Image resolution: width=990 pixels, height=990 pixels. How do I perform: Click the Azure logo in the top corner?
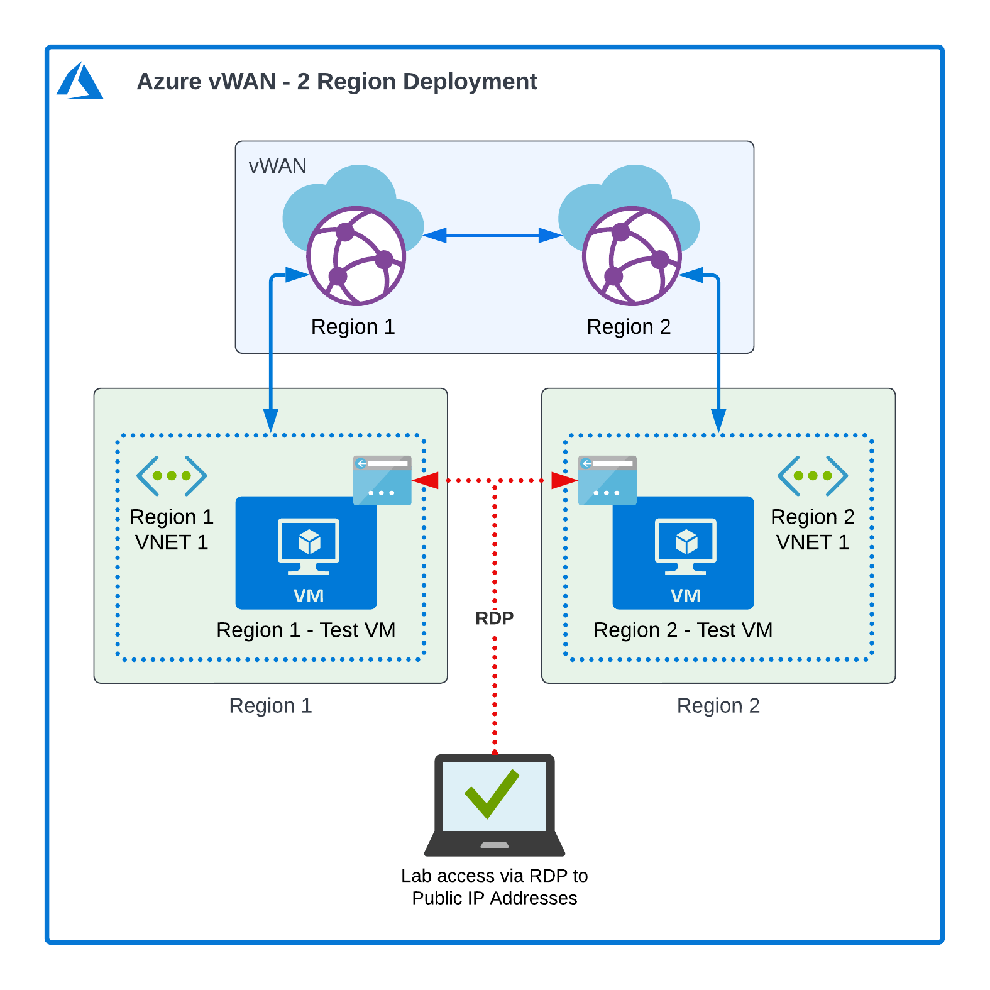[x=80, y=80]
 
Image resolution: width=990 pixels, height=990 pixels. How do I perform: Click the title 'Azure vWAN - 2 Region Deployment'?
[x=336, y=82]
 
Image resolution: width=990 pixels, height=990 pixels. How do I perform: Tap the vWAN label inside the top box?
[x=277, y=166]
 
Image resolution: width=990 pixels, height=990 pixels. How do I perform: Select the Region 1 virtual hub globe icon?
[x=356, y=255]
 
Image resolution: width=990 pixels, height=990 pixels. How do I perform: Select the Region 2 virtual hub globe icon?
[x=631, y=255]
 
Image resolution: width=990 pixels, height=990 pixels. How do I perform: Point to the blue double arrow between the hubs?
[x=492, y=236]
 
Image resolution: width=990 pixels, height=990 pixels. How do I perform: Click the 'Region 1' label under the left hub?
[x=353, y=327]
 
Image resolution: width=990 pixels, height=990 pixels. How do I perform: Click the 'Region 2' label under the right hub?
[x=629, y=327]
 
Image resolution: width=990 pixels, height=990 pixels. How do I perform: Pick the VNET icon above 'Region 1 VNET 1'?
[x=171, y=476]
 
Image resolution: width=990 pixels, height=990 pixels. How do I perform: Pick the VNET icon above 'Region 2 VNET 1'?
[x=812, y=476]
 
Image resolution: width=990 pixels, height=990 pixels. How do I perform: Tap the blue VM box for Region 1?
[x=306, y=553]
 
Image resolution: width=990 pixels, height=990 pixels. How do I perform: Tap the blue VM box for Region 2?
[x=683, y=553]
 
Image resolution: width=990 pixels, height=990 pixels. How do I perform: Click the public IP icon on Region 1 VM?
[x=382, y=481]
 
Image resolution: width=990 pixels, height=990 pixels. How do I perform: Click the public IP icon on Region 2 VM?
[x=607, y=481]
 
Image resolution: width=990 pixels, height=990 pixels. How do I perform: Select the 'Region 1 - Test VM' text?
[x=305, y=630]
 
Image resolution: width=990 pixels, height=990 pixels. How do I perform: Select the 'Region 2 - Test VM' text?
[x=683, y=630]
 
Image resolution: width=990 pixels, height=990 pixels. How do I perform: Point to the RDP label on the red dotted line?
[x=494, y=618]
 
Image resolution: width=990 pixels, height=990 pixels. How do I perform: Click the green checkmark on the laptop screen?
[x=492, y=793]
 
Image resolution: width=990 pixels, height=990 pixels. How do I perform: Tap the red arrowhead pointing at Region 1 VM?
[x=427, y=481]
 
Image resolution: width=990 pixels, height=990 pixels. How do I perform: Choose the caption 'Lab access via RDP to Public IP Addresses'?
[x=494, y=887]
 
